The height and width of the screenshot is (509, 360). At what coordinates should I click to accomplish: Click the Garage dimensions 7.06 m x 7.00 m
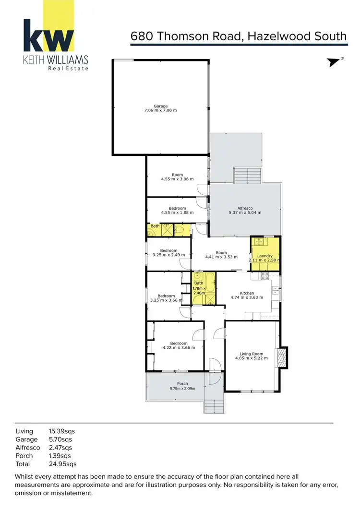(161, 110)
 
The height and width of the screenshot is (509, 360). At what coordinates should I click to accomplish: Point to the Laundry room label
(264, 256)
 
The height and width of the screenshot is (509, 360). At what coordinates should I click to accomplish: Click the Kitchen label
(247, 293)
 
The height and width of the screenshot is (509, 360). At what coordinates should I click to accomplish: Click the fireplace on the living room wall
(283, 357)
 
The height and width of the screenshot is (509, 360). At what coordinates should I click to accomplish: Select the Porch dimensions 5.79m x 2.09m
(182, 389)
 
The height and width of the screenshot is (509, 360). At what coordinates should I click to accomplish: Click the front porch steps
(214, 406)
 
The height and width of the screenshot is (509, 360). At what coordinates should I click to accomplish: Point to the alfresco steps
(247, 175)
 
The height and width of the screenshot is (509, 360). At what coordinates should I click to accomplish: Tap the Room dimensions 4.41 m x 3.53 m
(221, 257)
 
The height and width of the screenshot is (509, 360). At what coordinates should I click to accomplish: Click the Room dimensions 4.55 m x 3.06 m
(177, 179)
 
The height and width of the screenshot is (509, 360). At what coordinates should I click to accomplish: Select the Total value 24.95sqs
(62, 464)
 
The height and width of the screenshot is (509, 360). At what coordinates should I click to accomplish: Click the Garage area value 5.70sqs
(60, 439)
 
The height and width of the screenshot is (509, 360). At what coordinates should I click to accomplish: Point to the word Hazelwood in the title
(277, 36)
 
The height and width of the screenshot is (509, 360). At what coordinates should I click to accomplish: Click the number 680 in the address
(142, 36)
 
